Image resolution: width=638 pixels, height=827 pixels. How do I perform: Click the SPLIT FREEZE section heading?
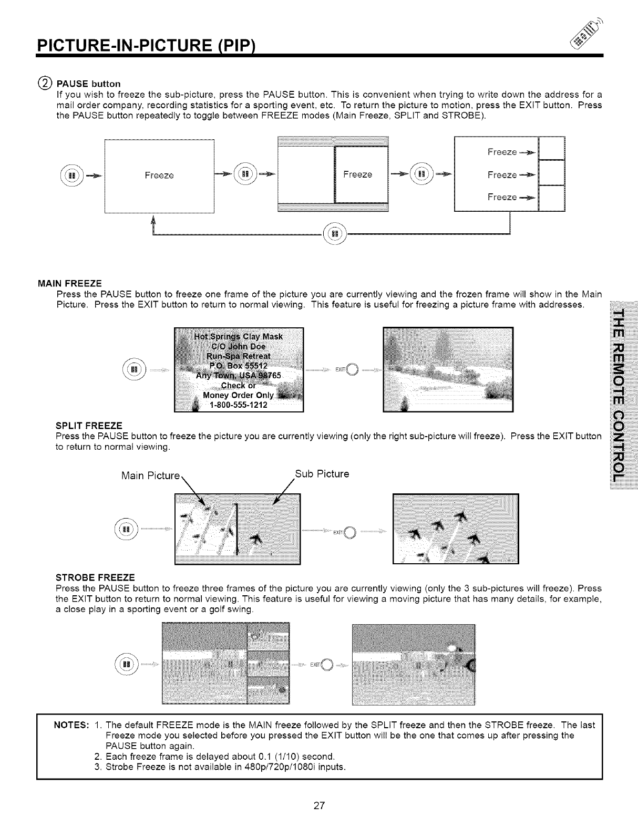coord(89,425)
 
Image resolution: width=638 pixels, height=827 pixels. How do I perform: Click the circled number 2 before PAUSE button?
coord(45,83)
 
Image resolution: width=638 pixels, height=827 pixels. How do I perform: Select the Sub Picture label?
coord(322,473)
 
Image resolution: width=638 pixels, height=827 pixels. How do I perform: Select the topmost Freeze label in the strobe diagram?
coord(502,152)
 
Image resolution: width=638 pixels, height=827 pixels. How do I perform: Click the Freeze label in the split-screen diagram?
coord(357,175)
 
